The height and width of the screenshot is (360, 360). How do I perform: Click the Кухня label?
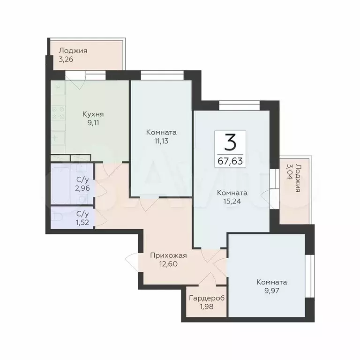[x=93, y=114]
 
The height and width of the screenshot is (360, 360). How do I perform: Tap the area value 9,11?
[x=93, y=123]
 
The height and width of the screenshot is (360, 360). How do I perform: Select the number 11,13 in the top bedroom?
[x=161, y=141]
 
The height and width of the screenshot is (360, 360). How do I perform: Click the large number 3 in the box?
[x=230, y=142]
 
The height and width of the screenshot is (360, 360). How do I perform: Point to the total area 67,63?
[x=230, y=161]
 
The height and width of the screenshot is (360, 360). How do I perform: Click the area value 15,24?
[x=232, y=202]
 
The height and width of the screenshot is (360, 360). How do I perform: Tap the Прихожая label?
[x=168, y=255]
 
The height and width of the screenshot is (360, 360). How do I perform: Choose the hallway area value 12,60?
[x=168, y=264]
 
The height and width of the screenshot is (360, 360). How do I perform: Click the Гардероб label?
[x=207, y=298]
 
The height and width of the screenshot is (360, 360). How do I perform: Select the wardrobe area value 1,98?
[x=207, y=307]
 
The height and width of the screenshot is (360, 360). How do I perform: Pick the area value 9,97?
[x=271, y=291]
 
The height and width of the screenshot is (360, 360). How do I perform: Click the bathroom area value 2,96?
[x=82, y=188]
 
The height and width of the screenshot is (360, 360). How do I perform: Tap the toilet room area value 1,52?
[x=82, y=222]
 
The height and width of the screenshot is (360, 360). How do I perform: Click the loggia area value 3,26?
[x=66, y=59]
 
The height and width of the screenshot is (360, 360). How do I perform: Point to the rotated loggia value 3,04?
[x=290, y=172]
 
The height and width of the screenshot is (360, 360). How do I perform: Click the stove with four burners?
[x=58, y=112]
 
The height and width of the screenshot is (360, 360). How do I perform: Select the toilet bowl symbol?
[x=57, y=217]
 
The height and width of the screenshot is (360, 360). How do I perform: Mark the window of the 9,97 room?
[x=310, y=276]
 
